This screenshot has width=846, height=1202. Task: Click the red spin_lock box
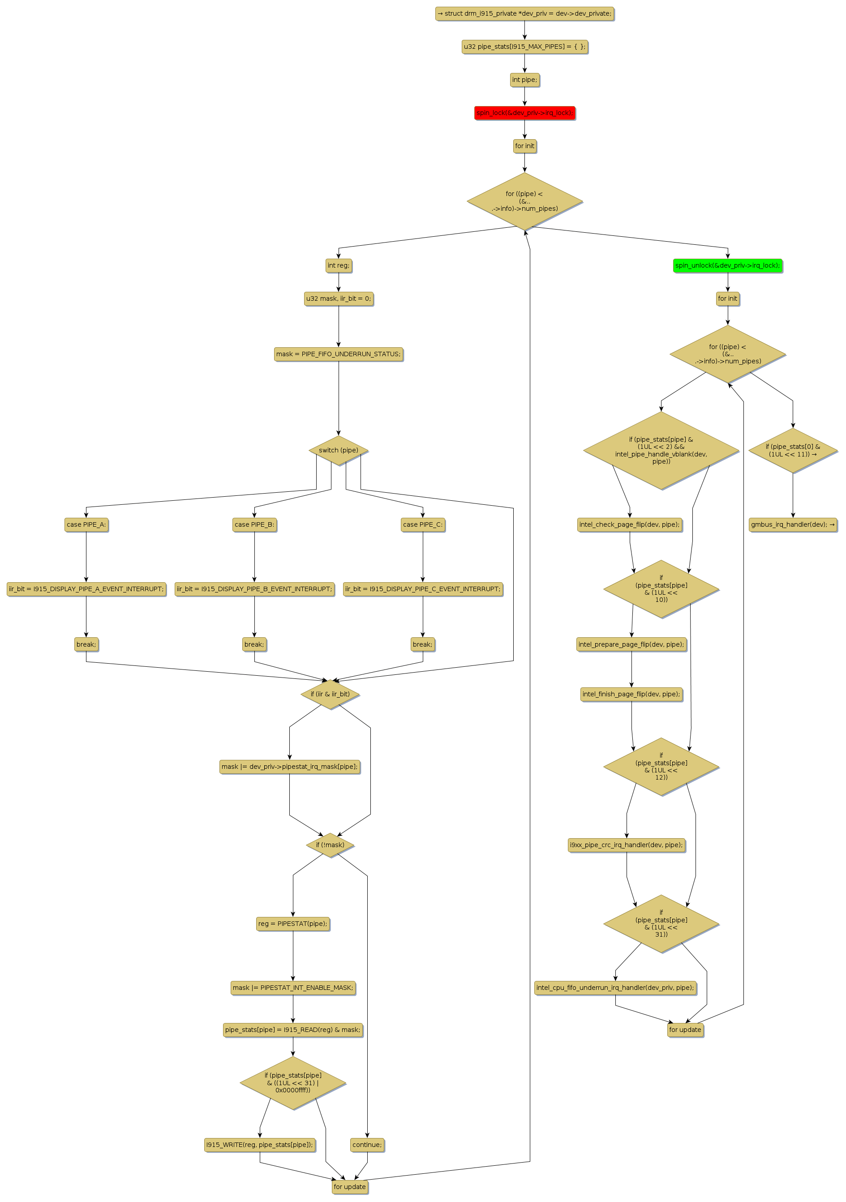coord(524,113)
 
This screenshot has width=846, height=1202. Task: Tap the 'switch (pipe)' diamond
coord(339,450)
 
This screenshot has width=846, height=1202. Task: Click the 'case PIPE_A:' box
coord(86,524)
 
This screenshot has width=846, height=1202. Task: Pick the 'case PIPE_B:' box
coord(254,524)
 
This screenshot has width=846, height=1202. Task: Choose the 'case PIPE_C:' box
coord(423,524)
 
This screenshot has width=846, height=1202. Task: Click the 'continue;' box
coord(367,1144)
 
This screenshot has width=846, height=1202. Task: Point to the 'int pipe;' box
coord(524,80)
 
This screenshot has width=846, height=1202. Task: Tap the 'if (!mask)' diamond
coord(330,845)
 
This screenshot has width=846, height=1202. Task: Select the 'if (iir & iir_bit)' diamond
coord(330,694)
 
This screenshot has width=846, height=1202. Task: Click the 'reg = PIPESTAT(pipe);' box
coord(293,924)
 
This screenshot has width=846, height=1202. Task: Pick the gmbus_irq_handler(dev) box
coord(793,524)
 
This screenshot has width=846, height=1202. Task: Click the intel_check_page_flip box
coord(629,524)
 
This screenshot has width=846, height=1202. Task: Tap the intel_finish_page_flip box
coord(631,694)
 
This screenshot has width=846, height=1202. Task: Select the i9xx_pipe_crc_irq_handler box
coord(627,845)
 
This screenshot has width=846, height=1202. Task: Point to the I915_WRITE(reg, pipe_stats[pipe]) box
coord(260,1144)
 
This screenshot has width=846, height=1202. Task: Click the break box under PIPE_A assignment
coord(86,644)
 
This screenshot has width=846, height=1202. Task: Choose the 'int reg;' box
coord(339,265)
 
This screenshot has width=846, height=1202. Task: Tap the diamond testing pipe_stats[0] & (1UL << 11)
coord(793,450)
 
